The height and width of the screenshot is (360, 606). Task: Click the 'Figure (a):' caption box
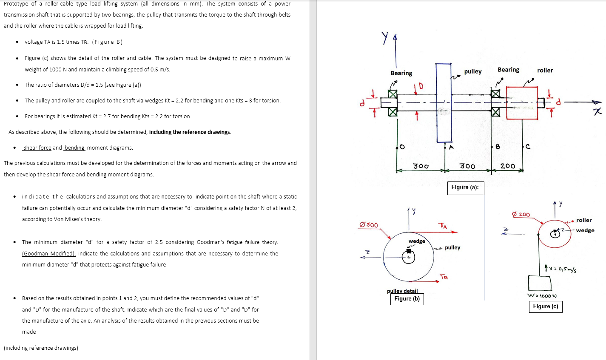tap(465, 187)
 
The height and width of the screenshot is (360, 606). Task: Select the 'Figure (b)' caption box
tap(407, 299)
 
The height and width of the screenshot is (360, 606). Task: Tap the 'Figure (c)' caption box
tap(545, 306)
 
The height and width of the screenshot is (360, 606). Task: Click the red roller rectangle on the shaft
tap(522, 103)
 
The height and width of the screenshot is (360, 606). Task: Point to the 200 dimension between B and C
tap(507, 166)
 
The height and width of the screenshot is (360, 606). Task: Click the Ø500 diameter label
tap(368, 225)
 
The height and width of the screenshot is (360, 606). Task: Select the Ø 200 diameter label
tap(521, 215)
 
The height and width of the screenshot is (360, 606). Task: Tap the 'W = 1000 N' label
tap(542, 296)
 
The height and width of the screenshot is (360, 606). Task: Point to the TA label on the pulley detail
tap(443, 226)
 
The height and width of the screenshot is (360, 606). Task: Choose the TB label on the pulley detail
tap(444, 277)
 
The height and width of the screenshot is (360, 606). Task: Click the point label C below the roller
tap(528, 147)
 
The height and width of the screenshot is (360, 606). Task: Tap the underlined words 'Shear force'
tap(37, 148)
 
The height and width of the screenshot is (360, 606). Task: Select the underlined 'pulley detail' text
tap(402, 291)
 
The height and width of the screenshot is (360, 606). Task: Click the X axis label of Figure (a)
tap(598, 111)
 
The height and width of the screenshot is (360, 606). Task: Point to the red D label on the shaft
tap(421, 87)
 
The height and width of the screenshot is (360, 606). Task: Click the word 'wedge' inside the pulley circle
tap(417, 241)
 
